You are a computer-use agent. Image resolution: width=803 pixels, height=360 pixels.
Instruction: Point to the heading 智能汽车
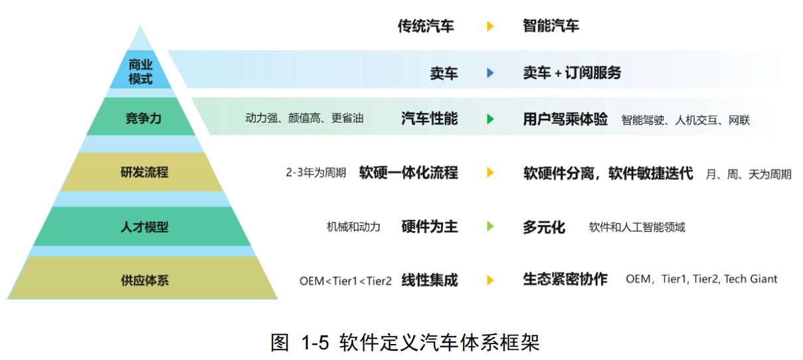coord(551,27)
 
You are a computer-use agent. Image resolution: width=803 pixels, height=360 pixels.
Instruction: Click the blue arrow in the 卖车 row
coord(490,73)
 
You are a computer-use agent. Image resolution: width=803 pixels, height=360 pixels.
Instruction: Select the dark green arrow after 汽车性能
coord(490,120)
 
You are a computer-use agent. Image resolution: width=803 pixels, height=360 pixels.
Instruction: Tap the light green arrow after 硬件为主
coord(490,226)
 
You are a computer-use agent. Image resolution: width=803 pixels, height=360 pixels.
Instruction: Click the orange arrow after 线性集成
coord(490,280)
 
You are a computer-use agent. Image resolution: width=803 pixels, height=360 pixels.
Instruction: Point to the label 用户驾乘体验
coord(565,120)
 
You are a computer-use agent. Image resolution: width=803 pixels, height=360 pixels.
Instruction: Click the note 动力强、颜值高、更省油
coord(304,120)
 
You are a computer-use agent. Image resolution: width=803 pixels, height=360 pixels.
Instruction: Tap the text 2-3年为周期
coord(315,173)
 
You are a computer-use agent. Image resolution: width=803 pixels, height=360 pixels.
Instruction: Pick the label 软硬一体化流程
coord(408,173)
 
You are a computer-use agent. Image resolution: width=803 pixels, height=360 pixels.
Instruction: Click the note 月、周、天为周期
coord(748,174)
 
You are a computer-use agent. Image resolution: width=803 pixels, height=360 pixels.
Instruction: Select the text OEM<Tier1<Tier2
coord(345,280)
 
